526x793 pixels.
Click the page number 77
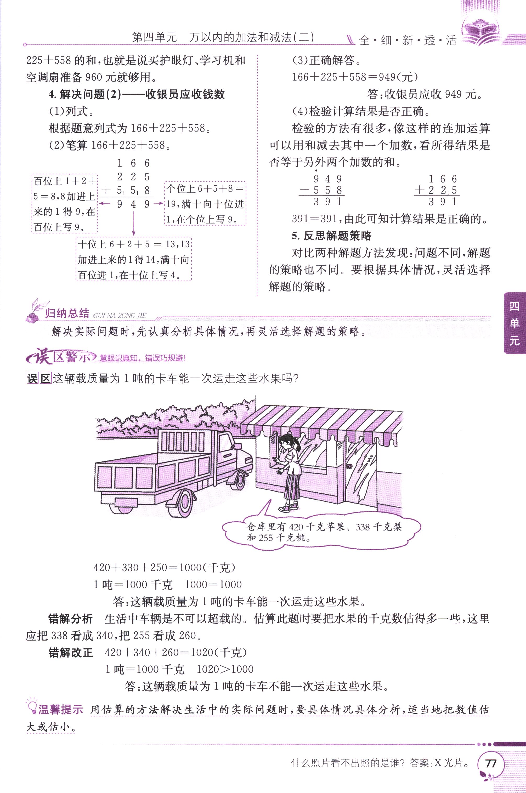[491, 763]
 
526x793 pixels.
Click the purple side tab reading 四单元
[514, 324]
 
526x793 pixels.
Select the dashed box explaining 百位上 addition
[65, 203]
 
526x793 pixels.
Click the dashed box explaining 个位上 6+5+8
[205, 203]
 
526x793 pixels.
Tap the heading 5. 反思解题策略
[331, 236]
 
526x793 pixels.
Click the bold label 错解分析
[70, 619]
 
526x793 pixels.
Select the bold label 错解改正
[70, 653]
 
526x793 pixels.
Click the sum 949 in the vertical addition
[133, 204]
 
